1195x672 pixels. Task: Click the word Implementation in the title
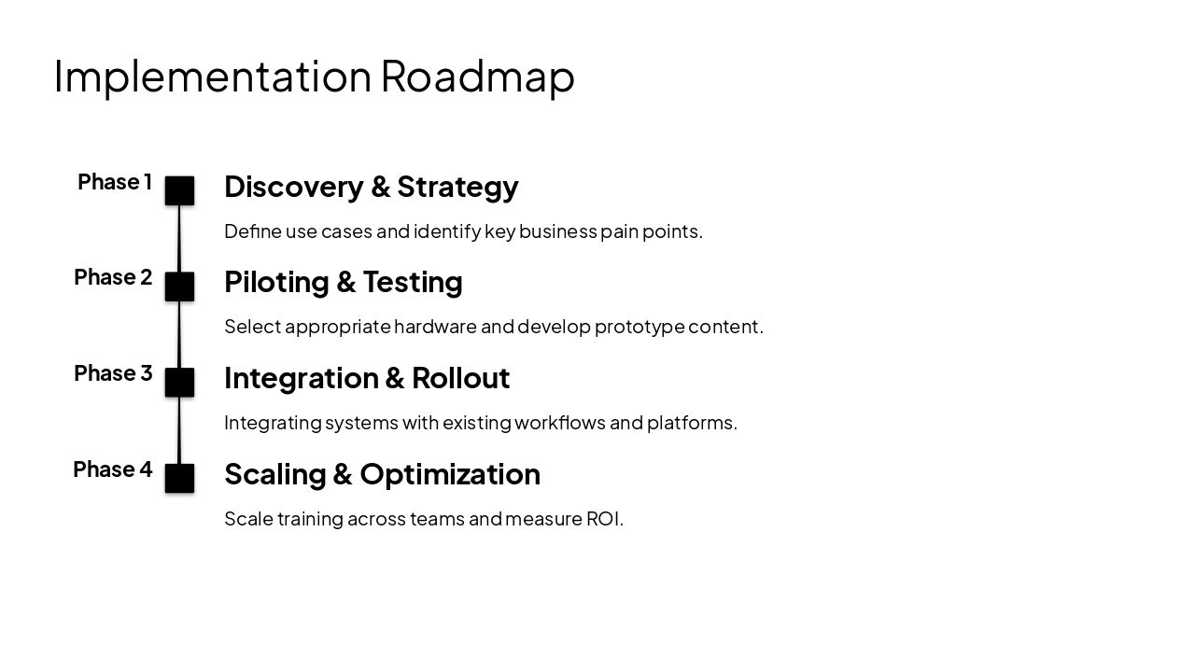tap(213, 77)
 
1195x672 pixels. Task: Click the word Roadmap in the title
tap(477, 77)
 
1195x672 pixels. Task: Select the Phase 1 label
tap(115, 182)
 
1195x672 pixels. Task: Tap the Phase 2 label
tap(113, 277)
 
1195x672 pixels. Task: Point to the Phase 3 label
tap(113, 373)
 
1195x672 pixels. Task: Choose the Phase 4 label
tap(113, 469)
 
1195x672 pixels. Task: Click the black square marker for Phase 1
tap(179, 190)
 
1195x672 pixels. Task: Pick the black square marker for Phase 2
tap(179, 287)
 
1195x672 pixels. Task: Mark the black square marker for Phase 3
tap(179, 383)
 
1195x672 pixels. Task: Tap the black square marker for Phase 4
tap(179, 478)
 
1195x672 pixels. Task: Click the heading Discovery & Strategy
tap(371, 187)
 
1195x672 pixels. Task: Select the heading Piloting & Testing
tap(343, 282)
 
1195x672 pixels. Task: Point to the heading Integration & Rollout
tap(367, 378)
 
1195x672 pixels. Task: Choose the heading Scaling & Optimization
tap(382, 474)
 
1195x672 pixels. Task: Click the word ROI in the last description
tap(603, 519)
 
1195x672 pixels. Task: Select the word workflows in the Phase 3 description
tap(559, 423)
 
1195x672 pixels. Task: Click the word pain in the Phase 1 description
tap(617, 231)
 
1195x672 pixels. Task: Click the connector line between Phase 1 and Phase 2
tap(179, 239)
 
